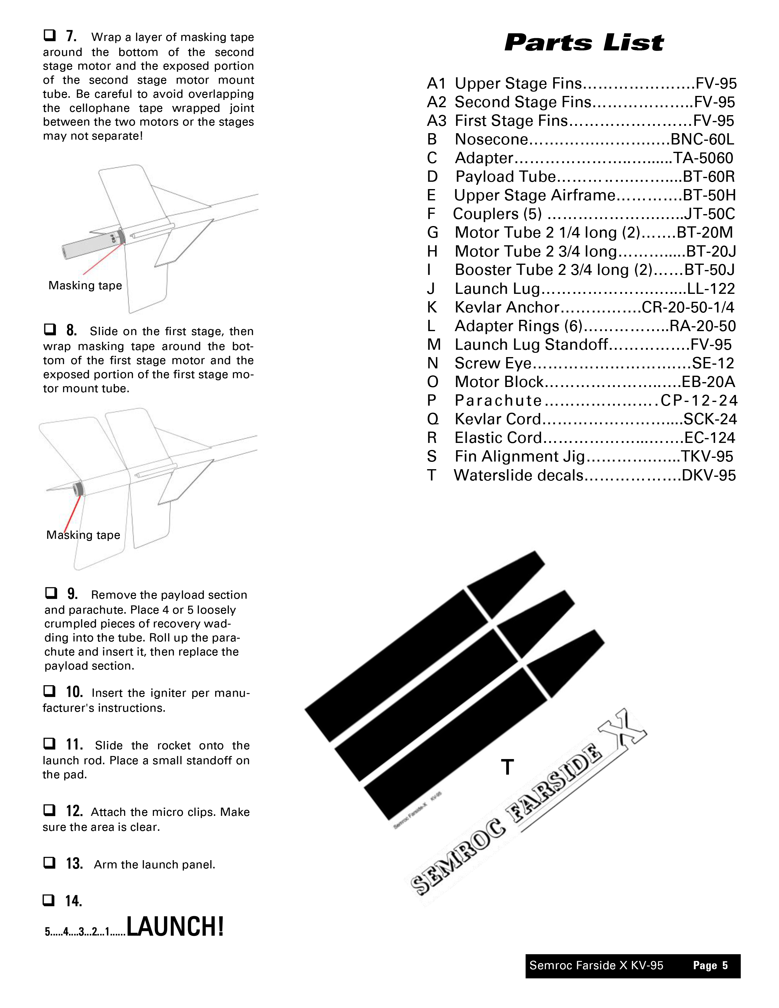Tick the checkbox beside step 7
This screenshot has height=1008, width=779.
click(50, 35)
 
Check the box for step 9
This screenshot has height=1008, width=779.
click(51, 593)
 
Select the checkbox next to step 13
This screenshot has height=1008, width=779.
click(49, 863)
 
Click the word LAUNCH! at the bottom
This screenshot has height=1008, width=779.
click(175, 927)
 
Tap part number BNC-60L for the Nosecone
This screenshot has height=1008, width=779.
click(702, 139)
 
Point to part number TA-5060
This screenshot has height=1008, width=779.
click(703, 158)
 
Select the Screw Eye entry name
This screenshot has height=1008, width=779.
click(493, 363)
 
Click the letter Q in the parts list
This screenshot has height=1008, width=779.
click(432, 419)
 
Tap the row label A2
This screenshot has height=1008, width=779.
click(437, 102)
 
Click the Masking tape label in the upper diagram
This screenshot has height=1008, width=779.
click(85, 286)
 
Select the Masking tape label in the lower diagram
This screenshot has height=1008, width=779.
click(83, 535)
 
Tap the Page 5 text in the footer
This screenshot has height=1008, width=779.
click(710, 966)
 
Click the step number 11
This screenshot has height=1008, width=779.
click(74, 744)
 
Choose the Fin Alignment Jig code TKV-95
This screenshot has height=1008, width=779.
click(707, 456)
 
